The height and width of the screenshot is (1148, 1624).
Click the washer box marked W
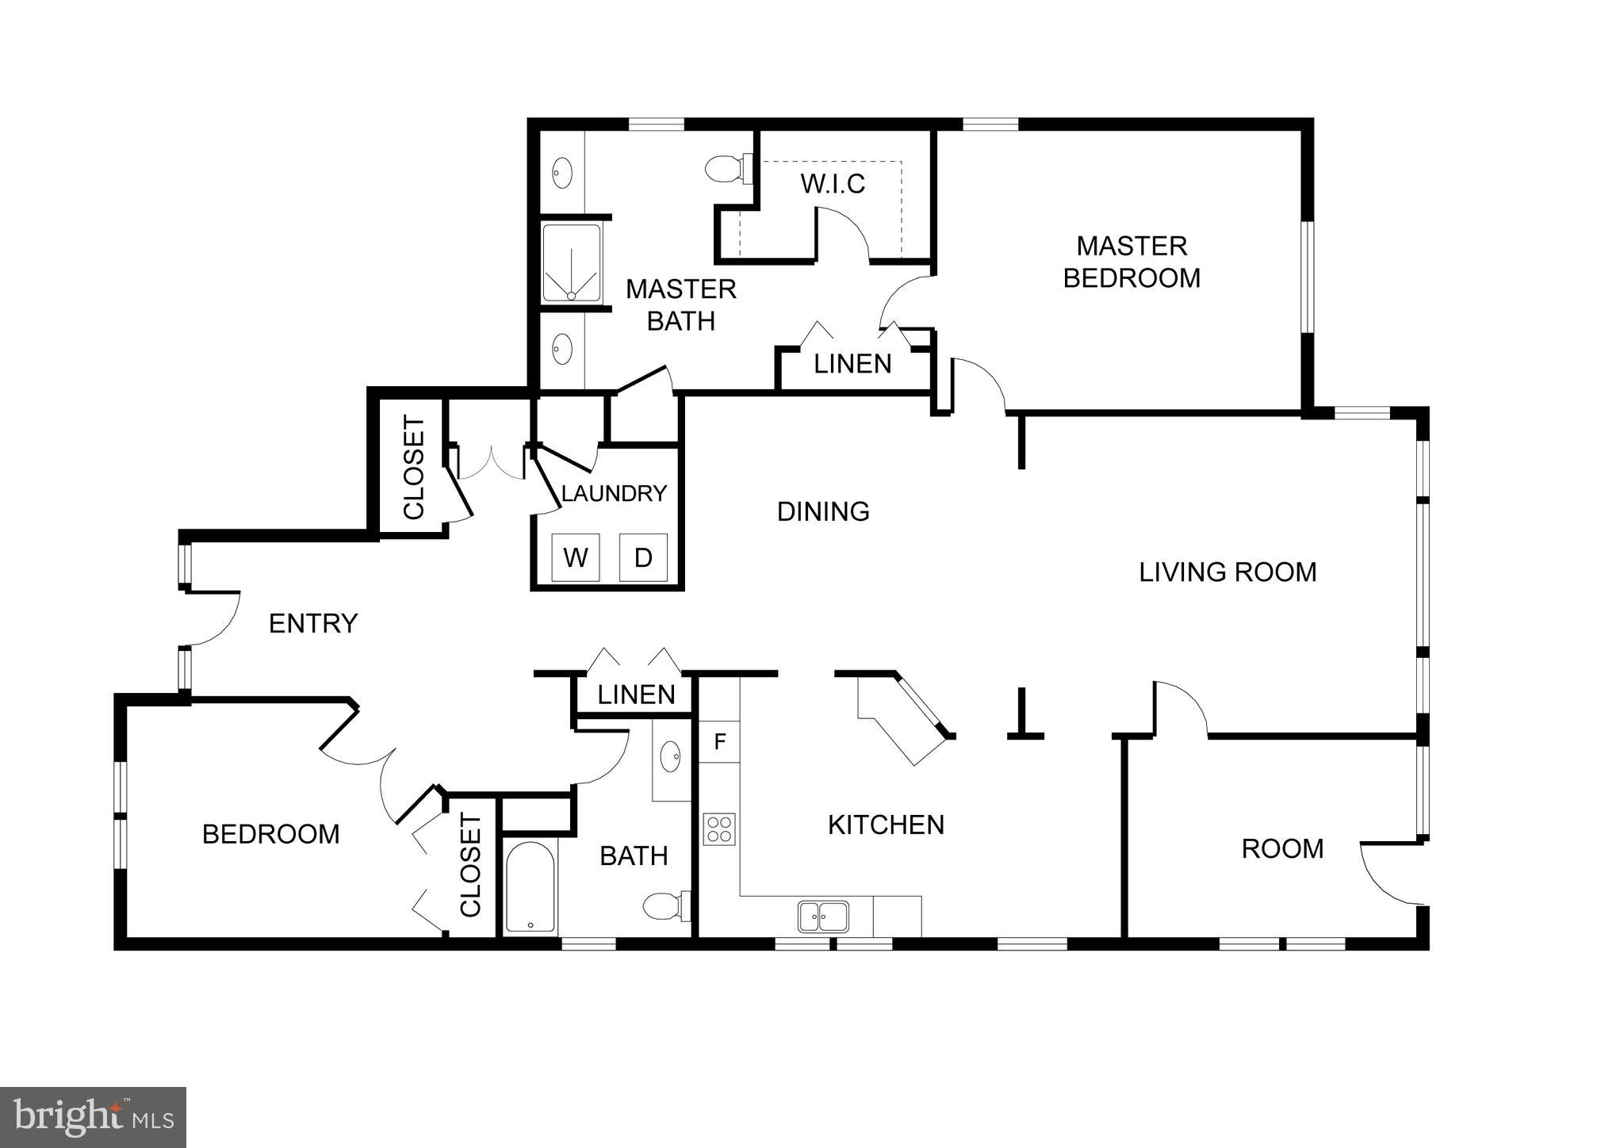click(576, 557)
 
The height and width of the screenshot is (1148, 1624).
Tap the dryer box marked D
click(643, 557)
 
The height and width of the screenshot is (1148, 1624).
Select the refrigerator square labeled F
click(720, 742)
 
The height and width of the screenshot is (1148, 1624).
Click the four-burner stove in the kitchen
click(719, 829)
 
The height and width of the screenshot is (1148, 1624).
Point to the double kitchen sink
click(823, 916)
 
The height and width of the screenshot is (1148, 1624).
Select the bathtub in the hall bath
click(530, 888)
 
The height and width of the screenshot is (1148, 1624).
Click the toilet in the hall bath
click(665, 905)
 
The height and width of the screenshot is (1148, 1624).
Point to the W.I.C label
click(833, 184)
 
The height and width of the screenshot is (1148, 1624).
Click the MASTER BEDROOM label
click(1132, 262)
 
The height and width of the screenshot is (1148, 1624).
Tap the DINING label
click(823, 511)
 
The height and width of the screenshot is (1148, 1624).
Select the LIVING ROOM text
click(1228, 572)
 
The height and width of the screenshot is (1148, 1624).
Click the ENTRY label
click(313, 623)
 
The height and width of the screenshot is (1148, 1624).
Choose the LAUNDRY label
click(614, 493)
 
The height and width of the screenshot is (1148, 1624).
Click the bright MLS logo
click(94, 1118)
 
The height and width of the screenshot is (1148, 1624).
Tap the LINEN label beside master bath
click(852, 364)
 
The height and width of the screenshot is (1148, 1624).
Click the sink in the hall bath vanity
click(671, 756)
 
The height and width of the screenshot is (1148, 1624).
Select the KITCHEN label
click(886, 825)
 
